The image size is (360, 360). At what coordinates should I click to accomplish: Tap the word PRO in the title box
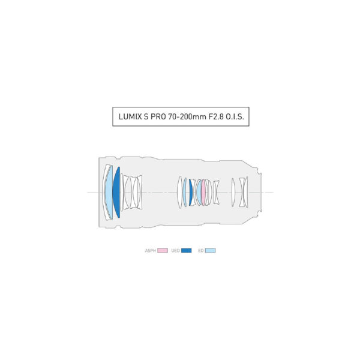158,116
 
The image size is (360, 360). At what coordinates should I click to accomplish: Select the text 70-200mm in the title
187,116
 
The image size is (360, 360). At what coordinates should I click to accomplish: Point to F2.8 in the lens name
216,116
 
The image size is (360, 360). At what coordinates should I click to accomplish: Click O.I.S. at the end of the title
235,116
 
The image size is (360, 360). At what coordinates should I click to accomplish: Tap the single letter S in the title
146,116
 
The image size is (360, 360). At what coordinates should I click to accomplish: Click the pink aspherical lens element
203,192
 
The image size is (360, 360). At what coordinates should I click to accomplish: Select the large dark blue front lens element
116,192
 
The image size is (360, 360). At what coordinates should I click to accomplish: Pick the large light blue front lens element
109,192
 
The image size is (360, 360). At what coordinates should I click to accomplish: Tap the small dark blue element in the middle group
191,192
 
